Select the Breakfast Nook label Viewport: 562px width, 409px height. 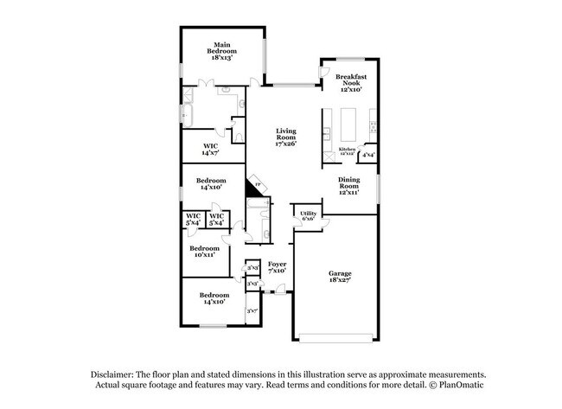(353, 82)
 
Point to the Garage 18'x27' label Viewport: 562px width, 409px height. (340, 277)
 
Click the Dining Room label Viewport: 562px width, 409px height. (348, 185)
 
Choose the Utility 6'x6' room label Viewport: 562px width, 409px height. (308, 216)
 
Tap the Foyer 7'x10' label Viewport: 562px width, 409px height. (278, 266)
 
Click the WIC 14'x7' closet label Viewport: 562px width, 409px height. (210, 149)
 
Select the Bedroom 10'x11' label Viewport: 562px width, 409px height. (204, 252)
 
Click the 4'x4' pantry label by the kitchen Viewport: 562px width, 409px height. (368, 156)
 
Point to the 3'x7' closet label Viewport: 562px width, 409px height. (252, 310)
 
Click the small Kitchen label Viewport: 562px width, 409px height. (347, 150)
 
